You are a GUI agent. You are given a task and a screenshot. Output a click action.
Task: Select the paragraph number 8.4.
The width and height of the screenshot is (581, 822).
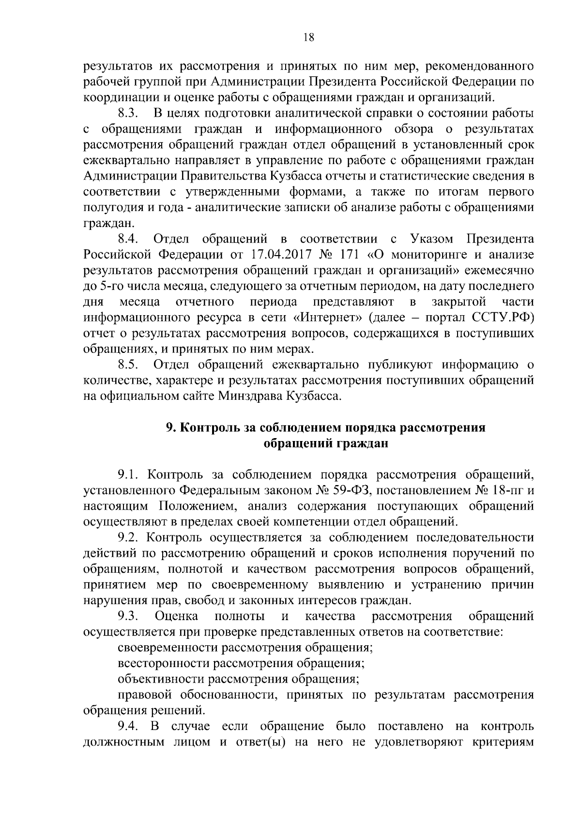pyautogui.click(x=129, y=239)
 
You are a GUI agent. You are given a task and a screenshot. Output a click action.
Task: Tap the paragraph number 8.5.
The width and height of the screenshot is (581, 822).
pyautogui.click(x=129, y=364)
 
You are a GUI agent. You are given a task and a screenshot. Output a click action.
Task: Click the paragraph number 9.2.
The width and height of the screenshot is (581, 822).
pyautogui.click(x=129, y=537)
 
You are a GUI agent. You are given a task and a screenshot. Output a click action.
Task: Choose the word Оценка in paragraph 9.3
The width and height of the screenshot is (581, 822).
pyautogui.click(x=176, y=616)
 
